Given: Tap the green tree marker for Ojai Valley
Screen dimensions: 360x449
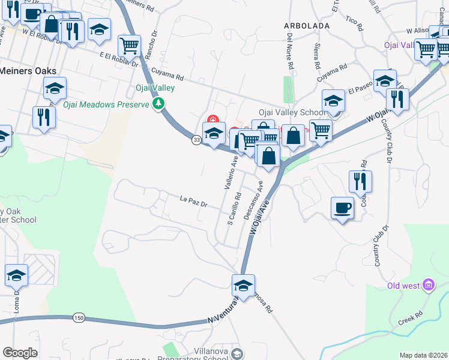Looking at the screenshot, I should point(158,104).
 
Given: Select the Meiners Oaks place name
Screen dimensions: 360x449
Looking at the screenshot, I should point(28,70).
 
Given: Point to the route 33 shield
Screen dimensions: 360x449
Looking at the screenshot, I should point(196,140).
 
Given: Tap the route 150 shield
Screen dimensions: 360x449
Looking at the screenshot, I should point(79,317).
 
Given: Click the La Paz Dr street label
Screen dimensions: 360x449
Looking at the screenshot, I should point(193,200).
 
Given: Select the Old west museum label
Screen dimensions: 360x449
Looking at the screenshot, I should point(403,286).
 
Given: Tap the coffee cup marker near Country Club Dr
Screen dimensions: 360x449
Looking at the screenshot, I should point(342,208).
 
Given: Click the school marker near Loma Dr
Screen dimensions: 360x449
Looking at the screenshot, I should point(17,275).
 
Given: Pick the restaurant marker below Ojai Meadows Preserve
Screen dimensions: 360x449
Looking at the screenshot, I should point(44,116).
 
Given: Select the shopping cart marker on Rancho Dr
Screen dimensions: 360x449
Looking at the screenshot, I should point(129,44).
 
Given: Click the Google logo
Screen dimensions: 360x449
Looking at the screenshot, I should point(20,353).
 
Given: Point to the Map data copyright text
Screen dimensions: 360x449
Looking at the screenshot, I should point(423,355).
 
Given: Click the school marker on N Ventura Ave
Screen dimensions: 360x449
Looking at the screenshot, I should point(243,286).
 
